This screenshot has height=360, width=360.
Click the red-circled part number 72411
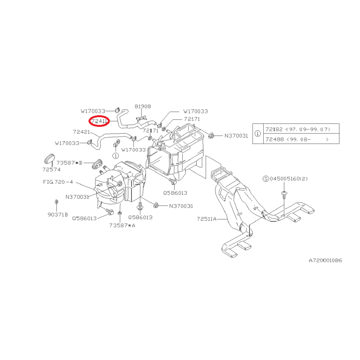click(99, 121)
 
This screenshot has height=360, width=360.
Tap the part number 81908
click(143, 106)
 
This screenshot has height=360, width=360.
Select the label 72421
click(81, 132)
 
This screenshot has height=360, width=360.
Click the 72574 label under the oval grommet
click(51, 169)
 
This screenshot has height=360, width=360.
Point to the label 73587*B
click(69, 163)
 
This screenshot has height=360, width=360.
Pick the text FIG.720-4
click(58, 182)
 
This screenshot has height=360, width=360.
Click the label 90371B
click(58, 215)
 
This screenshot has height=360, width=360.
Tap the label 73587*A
click(122, 225)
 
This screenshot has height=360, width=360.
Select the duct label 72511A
click(206, 219)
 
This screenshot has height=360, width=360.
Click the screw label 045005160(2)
click(288, 179)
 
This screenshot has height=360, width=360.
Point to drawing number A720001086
click(325, 260)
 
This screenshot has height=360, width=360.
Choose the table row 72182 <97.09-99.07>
click(298, 129)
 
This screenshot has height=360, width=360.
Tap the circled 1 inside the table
click(258, 133)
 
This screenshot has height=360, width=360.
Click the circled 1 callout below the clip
click(116, 156)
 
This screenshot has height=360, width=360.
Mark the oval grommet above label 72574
click(49, 158)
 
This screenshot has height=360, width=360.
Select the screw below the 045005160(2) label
click(284, 195)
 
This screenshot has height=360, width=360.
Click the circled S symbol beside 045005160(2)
click(266, 179)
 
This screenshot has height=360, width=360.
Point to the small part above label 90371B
click(56, 202)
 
